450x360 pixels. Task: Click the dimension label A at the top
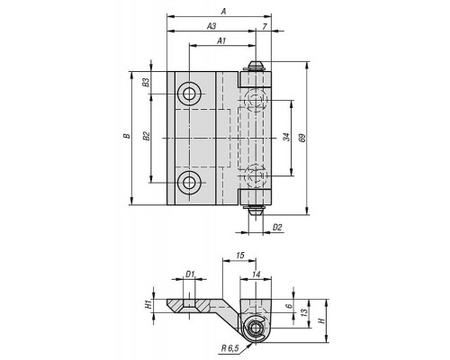pyautogui.click(x=223, y=12)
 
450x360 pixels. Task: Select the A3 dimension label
pyautogui.click(x=211, y=26)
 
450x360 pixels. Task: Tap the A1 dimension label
pyautogui.click(x=221, y=41)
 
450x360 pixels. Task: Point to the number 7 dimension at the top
pyautogui.click(x=265, y=26)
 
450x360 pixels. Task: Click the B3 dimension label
pyautogui.click(x=146, y=82)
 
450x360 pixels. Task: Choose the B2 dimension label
pyautogui.click(x=146, y=136)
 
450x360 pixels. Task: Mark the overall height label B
pyautogui.click(x=127, y=136)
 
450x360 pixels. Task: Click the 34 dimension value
pyautogui.click(x=286, y=137)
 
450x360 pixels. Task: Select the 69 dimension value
pyautogui.click(x=302, y=138)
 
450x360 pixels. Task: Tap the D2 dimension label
pyautogui.click(x=277, y=228)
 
